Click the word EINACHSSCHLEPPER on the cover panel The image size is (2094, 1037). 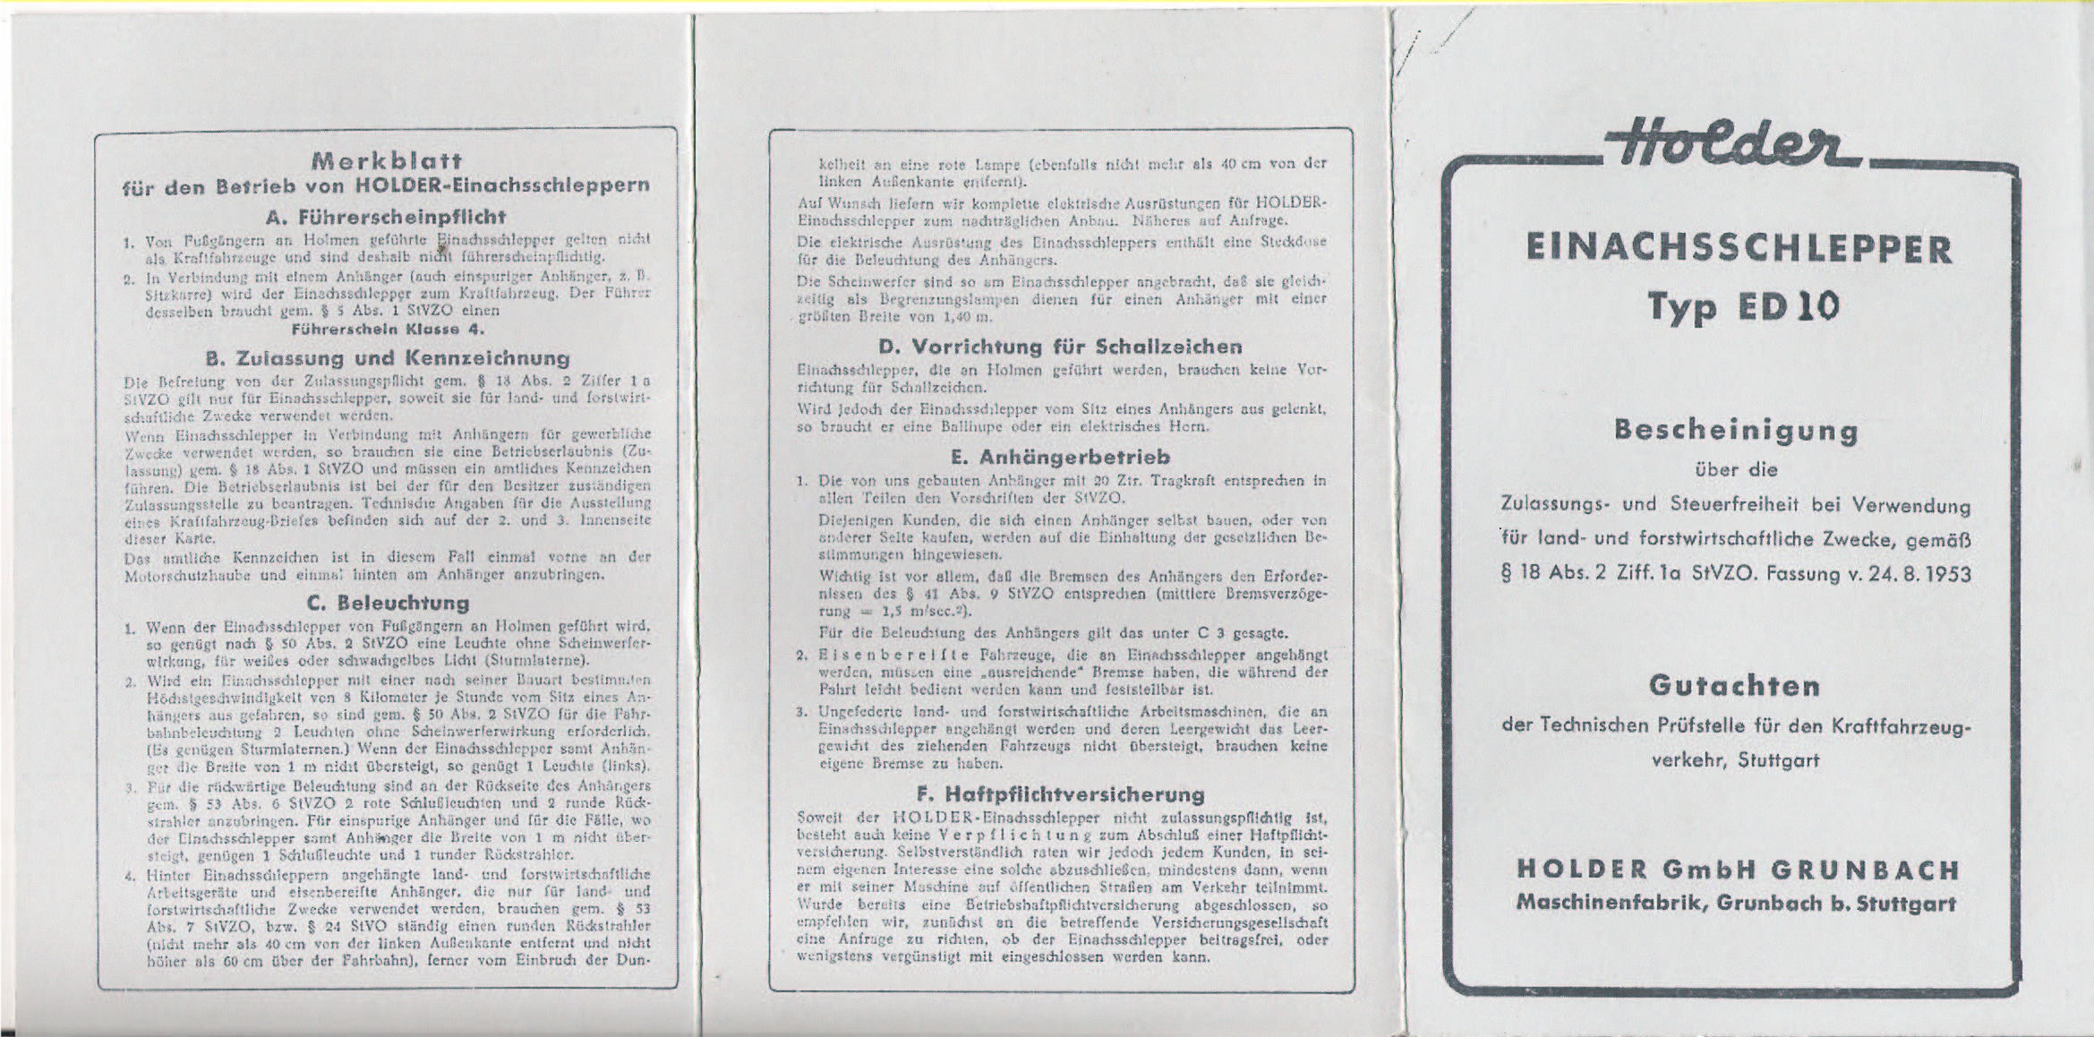pyautogui.click(x=1739, y=250)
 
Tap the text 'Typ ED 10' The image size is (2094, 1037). pyautogui.click(x=1737, y=306)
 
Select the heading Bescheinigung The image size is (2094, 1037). pyautogui.click(x=1737, y=431)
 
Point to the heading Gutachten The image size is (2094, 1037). pyautogui.click(x=1735, y=686)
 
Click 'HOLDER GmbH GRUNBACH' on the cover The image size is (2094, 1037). pyautogui.click(x=1738, y=870)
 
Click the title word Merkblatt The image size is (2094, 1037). pyautogui.click(x=386, y=161)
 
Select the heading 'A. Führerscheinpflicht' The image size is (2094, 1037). pyautogui.click(x=386, y=217)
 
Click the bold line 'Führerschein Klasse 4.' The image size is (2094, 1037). pyautogui.click(x=388, y=329)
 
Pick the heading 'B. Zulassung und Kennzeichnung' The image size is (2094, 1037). pyautogui.click(x=387, y=358)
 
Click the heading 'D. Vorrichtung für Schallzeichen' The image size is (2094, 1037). pyautogui.click(x=1060, y=347)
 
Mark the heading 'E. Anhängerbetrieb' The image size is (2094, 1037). pyautogui.click(x=1060, y=458)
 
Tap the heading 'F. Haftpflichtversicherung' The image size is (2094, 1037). pyautogui.click(x=1060, y=794)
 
